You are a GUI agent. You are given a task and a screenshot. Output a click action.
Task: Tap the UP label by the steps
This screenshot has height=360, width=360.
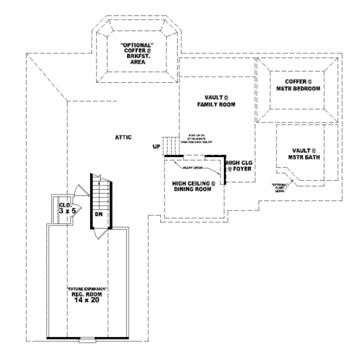[157, 146]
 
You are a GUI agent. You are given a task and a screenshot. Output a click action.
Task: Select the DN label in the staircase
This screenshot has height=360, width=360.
[98, 214]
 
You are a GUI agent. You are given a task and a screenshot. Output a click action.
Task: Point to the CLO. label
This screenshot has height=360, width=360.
[65, 205]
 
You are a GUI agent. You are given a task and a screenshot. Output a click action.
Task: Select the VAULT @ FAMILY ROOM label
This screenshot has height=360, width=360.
[214, 100]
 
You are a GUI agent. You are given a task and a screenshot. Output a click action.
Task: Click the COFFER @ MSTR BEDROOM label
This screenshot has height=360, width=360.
[295, 85]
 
